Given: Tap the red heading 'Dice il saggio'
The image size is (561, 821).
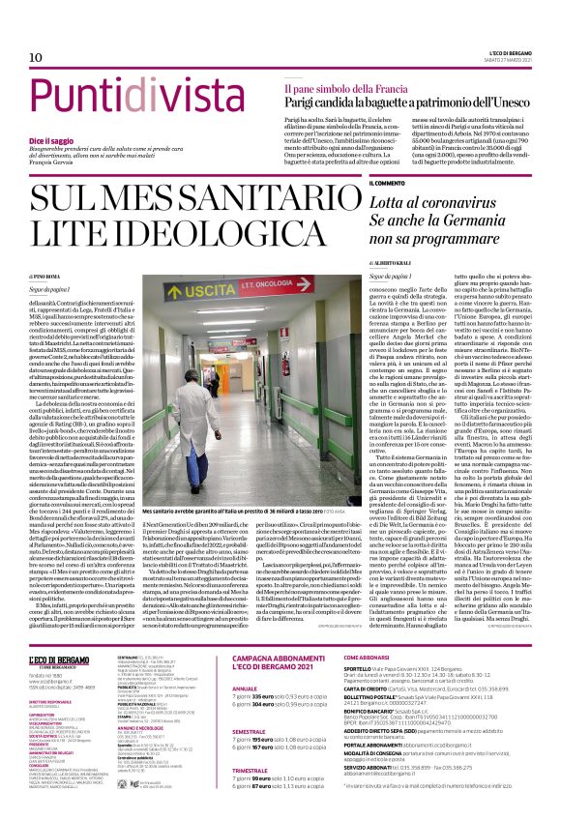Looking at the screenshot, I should tap(50, 141).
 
